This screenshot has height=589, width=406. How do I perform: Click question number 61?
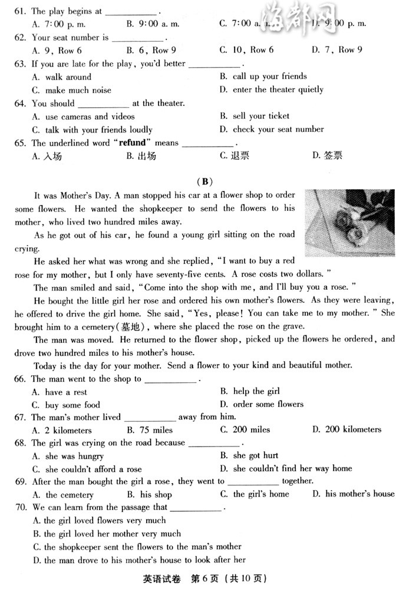point(21,11)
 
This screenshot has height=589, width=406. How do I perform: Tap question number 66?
point(21,379)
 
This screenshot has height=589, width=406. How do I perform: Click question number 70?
point(21,507)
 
